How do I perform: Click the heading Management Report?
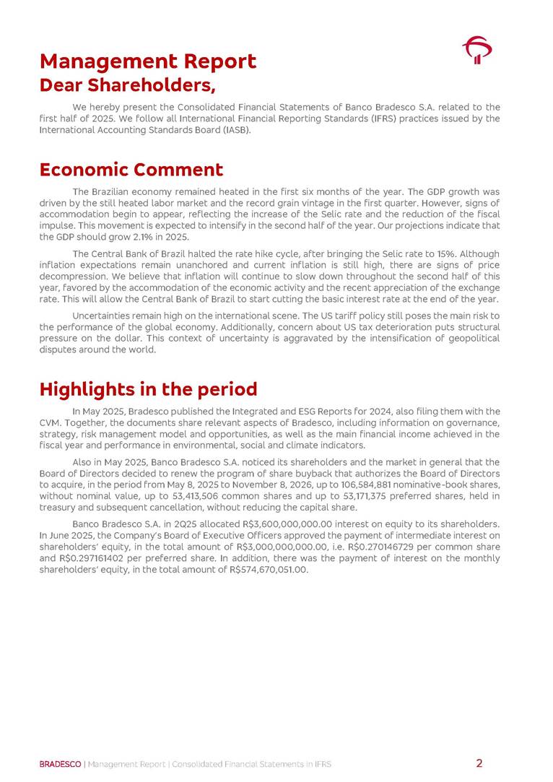[147, 61]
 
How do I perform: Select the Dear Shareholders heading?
[128, 85]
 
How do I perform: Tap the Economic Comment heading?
[131, 170]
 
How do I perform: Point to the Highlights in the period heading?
[148, 389]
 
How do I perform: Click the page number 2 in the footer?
[479, 763]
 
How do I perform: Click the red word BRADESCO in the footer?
[61, 764]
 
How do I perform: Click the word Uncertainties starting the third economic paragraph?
[106, 316]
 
